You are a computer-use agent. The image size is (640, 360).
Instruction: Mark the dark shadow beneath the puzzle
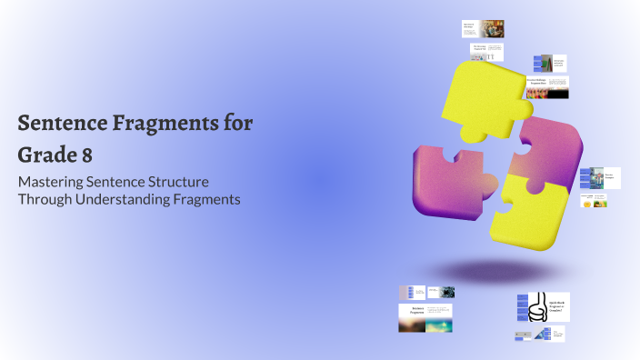492,270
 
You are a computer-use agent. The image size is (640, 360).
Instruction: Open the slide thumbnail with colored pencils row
547,88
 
